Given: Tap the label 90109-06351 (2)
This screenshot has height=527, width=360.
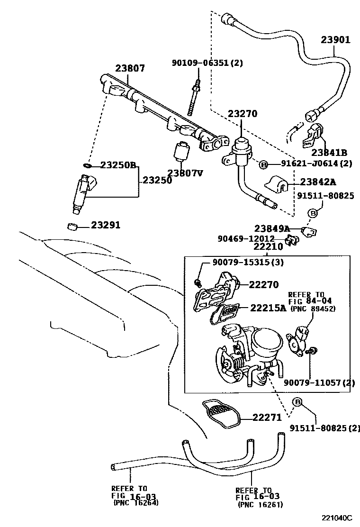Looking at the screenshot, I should coord(207,63).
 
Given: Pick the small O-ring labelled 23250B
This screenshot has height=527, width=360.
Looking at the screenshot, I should coord(87,165).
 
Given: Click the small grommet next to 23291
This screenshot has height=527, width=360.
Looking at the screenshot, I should coord(72,226).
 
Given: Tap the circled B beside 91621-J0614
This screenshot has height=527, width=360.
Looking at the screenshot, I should coord(264,164).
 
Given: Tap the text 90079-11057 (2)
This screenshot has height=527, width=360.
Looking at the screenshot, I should coord(319,382).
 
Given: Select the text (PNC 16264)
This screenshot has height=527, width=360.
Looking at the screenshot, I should coord(136,502).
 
